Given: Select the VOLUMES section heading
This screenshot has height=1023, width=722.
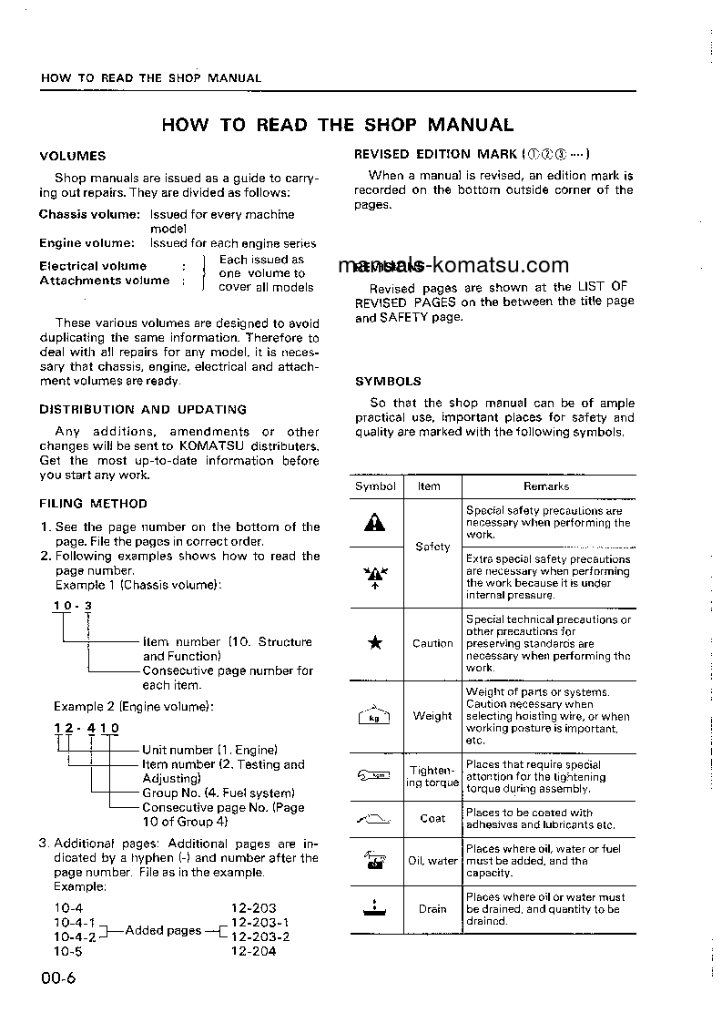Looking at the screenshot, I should [x=73, y=156].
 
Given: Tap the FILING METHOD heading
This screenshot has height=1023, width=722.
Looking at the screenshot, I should [x=93, y=503].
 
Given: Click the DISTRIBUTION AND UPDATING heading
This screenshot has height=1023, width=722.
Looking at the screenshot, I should [x=143, y=409].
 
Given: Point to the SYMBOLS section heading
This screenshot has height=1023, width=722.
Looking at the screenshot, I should [x=388, y=382].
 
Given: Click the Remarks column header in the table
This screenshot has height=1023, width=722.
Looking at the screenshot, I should [x=546, y=486].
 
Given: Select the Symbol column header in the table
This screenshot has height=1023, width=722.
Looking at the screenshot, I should [x=375, y=486].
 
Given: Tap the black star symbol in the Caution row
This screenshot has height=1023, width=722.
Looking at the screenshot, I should [x=375, y=643].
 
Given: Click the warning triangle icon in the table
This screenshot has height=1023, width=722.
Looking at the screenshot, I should [x=375, y=523].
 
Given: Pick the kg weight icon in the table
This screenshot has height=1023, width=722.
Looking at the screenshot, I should [x=374, y=717].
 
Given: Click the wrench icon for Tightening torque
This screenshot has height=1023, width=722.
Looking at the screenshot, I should [x=374, y=776].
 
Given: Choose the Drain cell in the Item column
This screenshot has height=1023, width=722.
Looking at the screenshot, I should [x=432, y=908].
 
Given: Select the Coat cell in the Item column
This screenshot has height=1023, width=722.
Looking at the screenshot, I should [x=432, y=818].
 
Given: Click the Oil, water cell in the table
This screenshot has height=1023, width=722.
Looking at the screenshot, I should [x=432, y=861].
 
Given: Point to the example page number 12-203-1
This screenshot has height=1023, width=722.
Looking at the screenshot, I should [x=260, y=922].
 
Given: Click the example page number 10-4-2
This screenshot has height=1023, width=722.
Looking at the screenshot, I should [x=75, y=936].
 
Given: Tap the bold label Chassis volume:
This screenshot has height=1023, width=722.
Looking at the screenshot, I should [x=88, y=214].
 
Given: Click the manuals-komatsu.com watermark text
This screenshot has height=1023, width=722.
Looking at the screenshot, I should [x=453, y=265].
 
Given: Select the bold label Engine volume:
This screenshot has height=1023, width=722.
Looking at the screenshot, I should [x=86, y=243].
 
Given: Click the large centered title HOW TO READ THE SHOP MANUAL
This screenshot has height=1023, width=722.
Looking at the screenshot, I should [x=338, y=125].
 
